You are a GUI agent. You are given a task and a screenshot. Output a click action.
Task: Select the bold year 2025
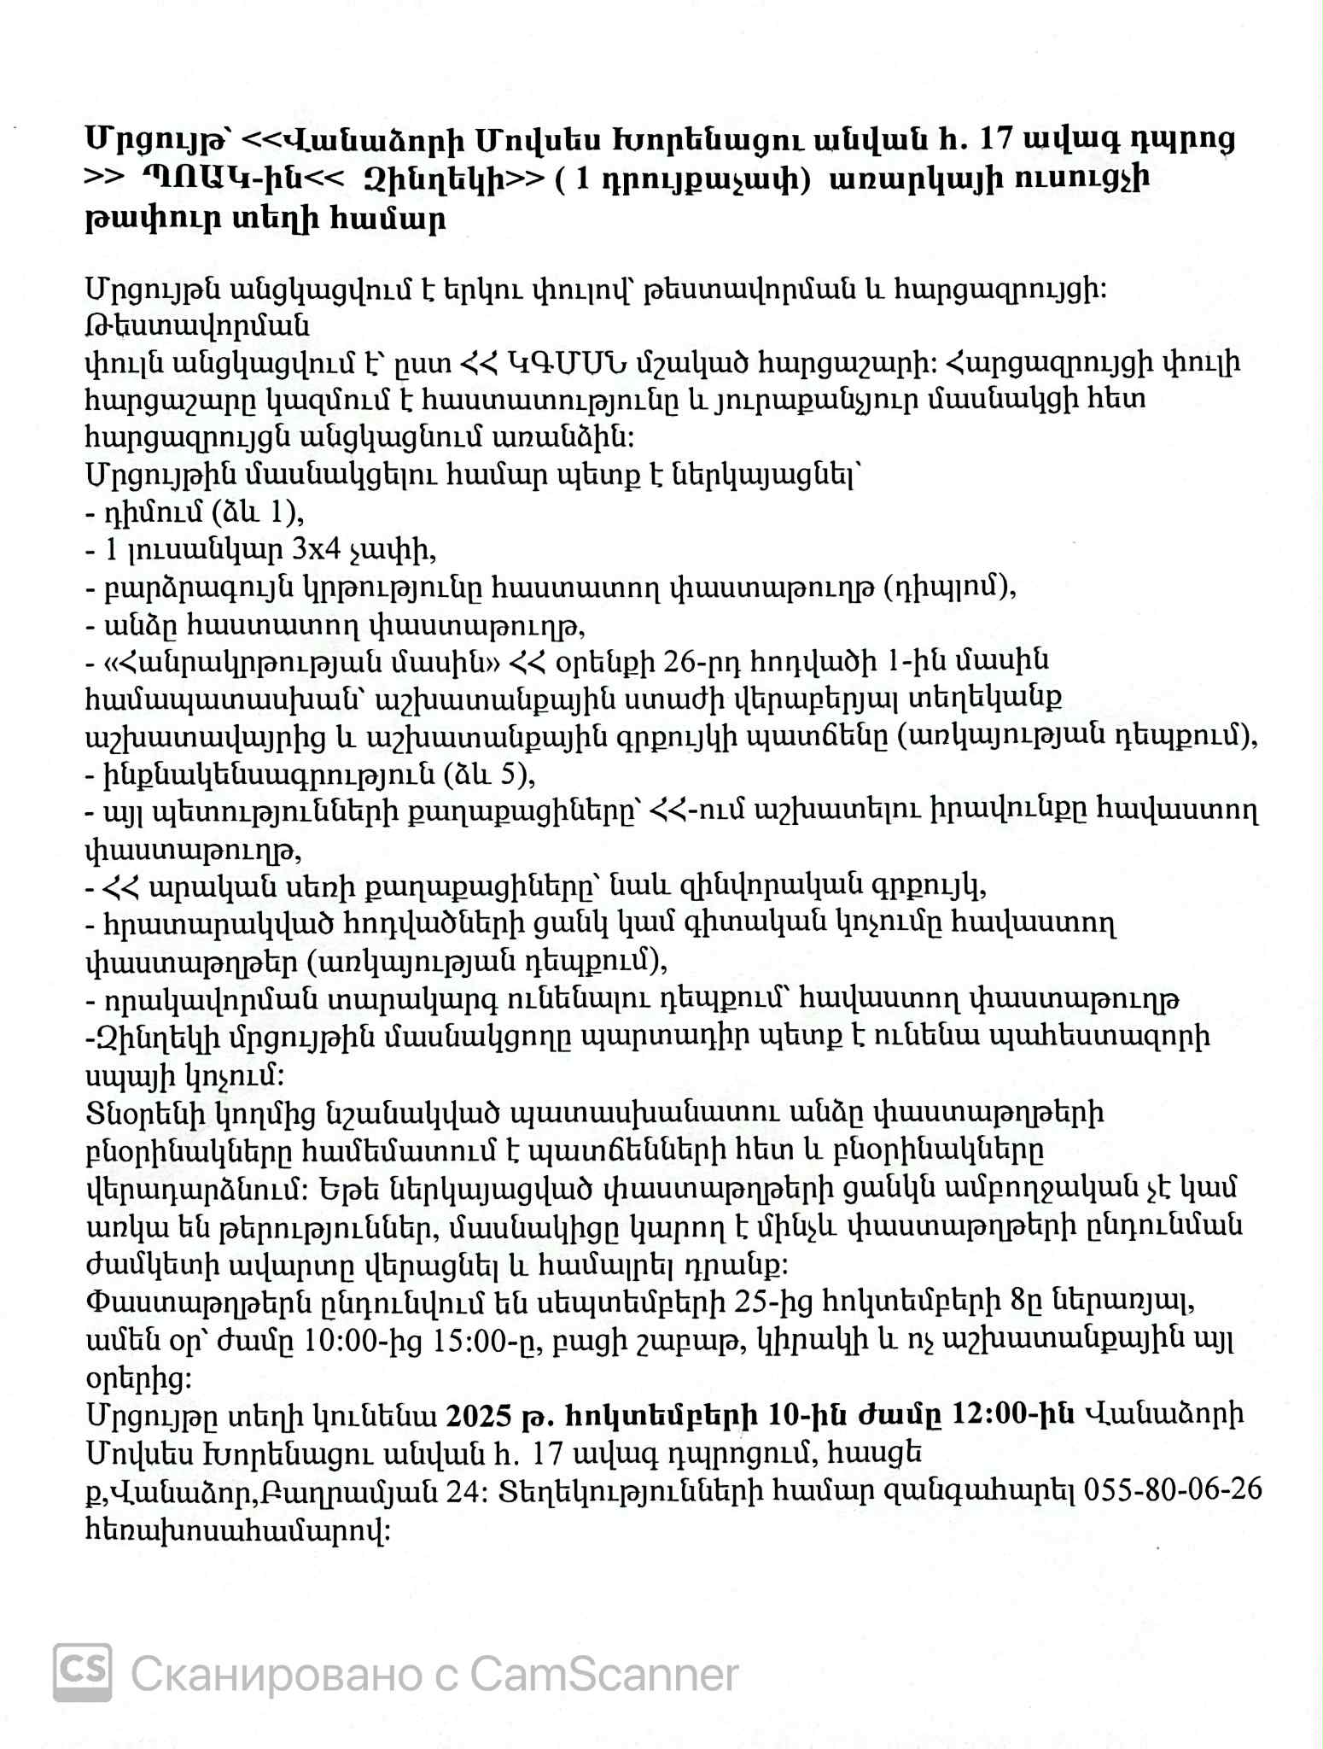tap(477, 1413)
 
